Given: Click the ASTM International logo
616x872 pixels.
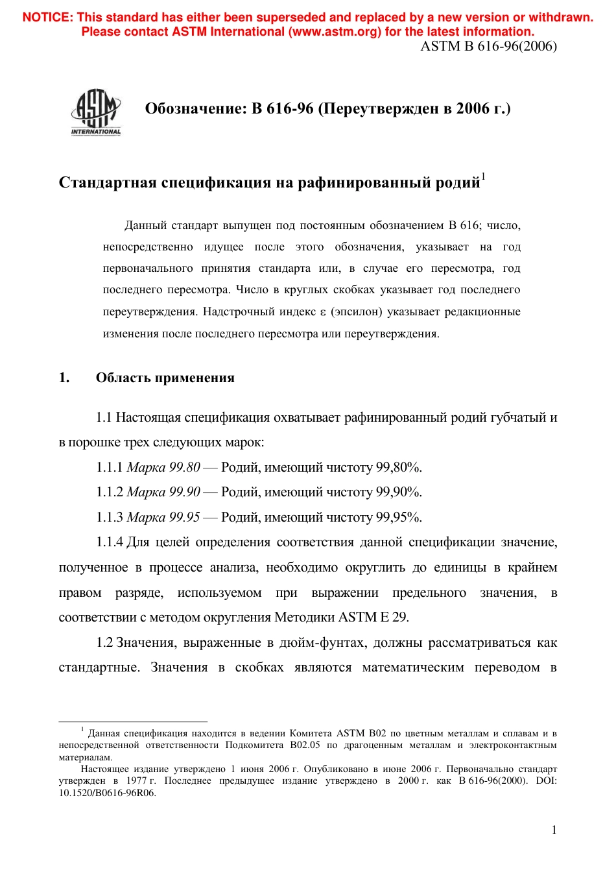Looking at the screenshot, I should tap(96, 112).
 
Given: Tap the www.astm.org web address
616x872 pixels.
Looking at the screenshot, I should tap(335, 32).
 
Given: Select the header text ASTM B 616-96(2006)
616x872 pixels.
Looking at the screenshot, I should tap(488, 46).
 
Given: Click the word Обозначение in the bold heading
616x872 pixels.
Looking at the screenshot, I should tap(195, 108).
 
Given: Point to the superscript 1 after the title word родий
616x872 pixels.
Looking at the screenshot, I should tap(484, 176).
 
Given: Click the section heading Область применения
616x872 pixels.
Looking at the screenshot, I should tap(165, 378).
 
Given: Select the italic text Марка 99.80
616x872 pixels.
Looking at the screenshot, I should tap(163, 467).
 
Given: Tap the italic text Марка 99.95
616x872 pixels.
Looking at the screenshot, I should tap(163, 517).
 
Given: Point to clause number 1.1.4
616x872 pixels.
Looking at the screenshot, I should tap(110, 542).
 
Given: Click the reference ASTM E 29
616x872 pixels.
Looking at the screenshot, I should tap(373, 617).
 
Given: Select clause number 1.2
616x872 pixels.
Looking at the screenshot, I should tap(104, 642).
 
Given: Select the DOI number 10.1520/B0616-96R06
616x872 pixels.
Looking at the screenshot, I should tap(108, 793).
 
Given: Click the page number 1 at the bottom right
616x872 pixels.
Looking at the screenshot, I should tap(554, 830).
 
